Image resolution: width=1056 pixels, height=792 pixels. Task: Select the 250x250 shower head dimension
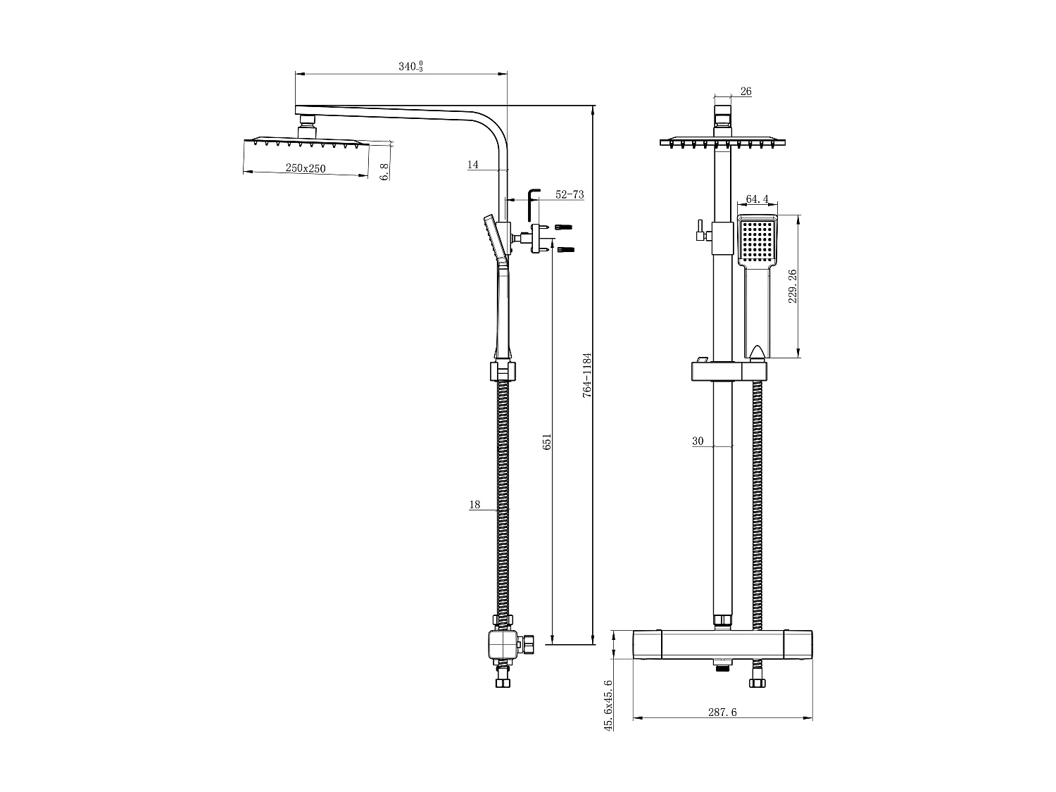coord(306,168)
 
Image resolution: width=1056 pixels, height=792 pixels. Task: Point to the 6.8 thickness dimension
coord(384,171)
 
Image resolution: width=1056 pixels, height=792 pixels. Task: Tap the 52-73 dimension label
coord(570,195)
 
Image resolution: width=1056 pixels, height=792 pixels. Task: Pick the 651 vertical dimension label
coord(547,442)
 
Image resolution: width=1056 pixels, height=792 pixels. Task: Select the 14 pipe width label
coord(472,165)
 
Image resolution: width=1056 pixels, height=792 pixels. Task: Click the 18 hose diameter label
coord(474,505)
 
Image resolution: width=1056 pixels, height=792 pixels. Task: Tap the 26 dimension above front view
coord(746,92)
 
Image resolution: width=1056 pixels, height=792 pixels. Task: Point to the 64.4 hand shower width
coord(758,199)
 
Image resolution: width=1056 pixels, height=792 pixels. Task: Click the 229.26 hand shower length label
coord(792,286)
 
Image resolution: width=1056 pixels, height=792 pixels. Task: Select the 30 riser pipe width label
coord(698,441)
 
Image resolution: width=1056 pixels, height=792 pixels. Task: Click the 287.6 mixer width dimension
coord(722,712)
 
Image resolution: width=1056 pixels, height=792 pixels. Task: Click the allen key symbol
coord(533,203)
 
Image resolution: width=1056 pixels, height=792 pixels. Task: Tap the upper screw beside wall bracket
coord(564,227)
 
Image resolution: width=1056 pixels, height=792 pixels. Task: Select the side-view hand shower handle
coord(502,310)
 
